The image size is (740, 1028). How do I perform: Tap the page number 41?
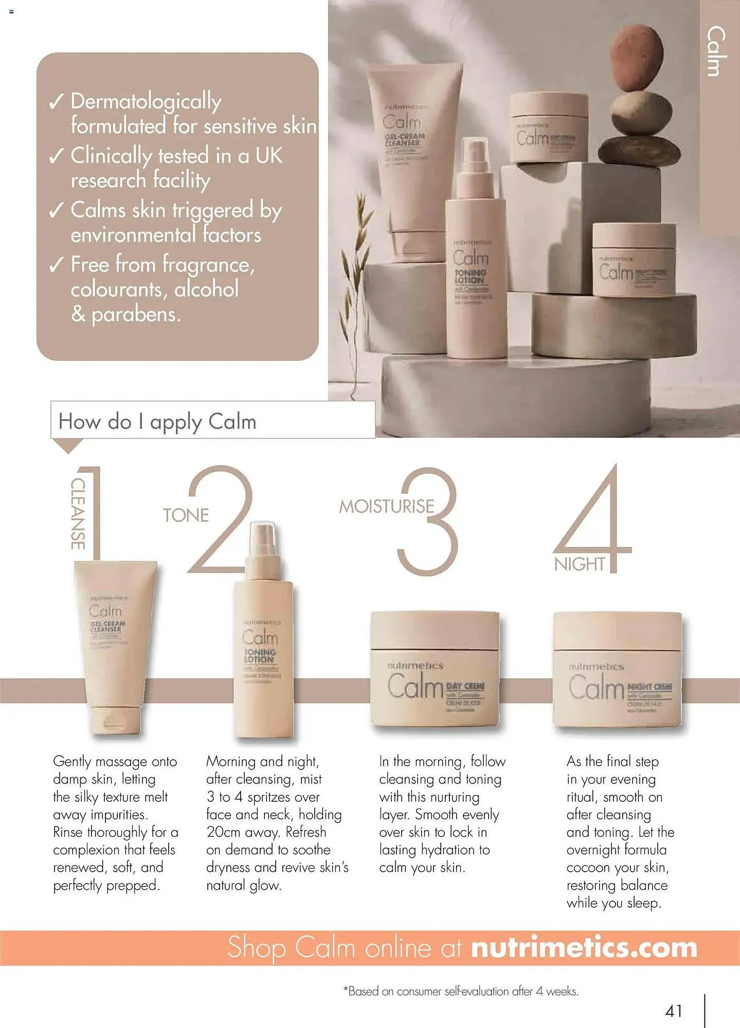(673, 1011)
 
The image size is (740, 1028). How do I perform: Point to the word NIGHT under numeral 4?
(580, 564)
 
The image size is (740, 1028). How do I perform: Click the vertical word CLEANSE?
(78, 513)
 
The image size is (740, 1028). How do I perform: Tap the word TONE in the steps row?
(186, 515)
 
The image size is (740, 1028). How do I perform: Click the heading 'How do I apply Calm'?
(157, 421)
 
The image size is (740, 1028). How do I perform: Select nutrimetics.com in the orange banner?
(584, 948)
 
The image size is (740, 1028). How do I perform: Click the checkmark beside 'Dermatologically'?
(56, 102)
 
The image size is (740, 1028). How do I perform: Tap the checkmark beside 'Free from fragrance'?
(56, 265)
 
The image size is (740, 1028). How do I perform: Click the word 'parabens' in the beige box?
(136, 314)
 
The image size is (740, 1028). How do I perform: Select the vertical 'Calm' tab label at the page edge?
(717, 51)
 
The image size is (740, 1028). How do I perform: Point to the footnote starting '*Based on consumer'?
(461, 991)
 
